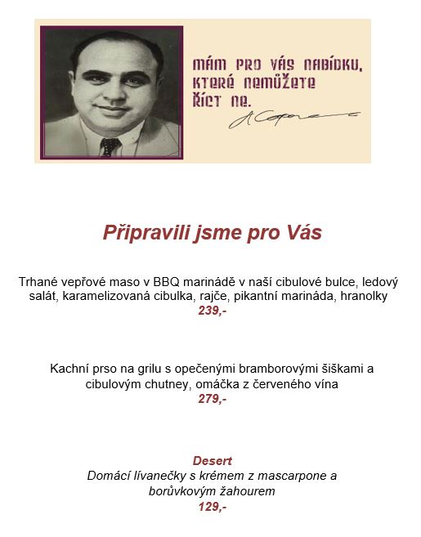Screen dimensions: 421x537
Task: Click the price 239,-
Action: (x=212, y=311)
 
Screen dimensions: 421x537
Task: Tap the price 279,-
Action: (x=212, y=399)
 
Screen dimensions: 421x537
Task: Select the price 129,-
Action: (x=212, y=507)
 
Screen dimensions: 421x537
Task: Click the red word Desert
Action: (x=212, y=460)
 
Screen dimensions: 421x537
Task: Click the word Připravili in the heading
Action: (x=145, y=233)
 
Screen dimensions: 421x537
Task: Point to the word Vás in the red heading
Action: (x=303, y=233)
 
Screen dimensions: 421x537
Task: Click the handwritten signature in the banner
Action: (x=286, y=119)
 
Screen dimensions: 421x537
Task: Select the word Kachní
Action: (x=69, y=369)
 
